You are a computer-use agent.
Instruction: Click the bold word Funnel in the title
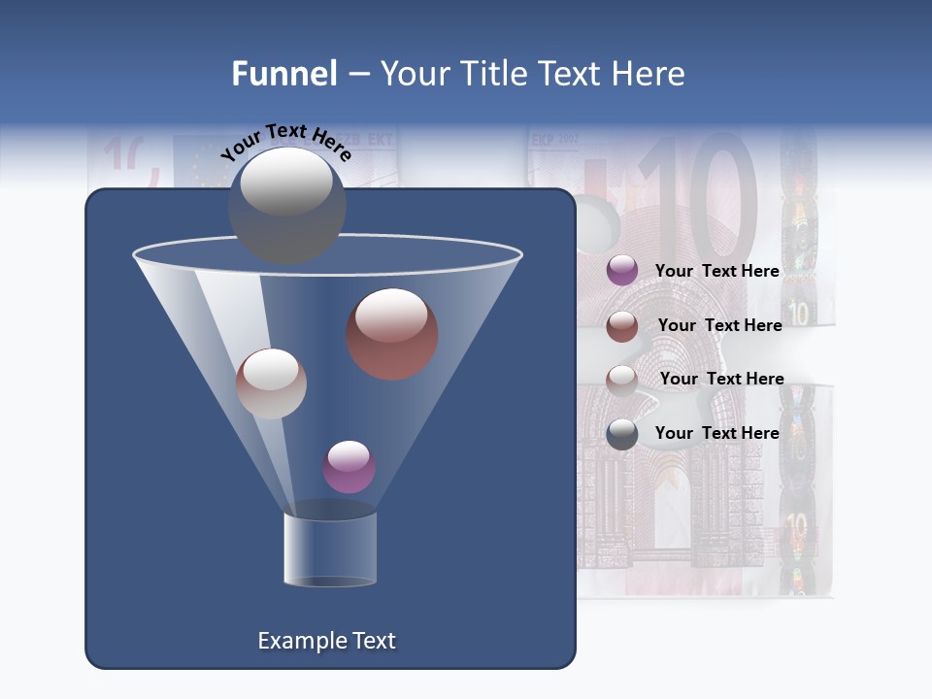click(x=283, y=74)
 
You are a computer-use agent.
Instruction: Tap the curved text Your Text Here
click(x=285, y=143)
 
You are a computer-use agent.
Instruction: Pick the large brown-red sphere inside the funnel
click(x=392, y=334)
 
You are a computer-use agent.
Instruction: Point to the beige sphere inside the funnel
click(x=271, y=383)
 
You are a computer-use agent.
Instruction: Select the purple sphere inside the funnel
click(x=349, y=467)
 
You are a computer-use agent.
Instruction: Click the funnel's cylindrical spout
click(x=330, y=549)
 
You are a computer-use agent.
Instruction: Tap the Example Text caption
click(x=327, y=641)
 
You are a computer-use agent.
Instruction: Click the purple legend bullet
click(x=622, y=271)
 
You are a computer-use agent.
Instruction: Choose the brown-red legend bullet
click(x=622, y=325)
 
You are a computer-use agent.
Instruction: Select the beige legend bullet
click(x=622, y=379)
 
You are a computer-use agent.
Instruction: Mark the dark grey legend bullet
click(x=622, y=433)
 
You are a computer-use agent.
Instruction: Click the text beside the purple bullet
click(x=717, y=271)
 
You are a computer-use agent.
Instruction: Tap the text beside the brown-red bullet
click(x=719, y=325)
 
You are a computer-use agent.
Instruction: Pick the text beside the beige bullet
click(x=721, y=379)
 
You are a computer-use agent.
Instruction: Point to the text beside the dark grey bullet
click(x=717, y=433)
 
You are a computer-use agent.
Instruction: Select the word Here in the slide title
click(x=649, y=74)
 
